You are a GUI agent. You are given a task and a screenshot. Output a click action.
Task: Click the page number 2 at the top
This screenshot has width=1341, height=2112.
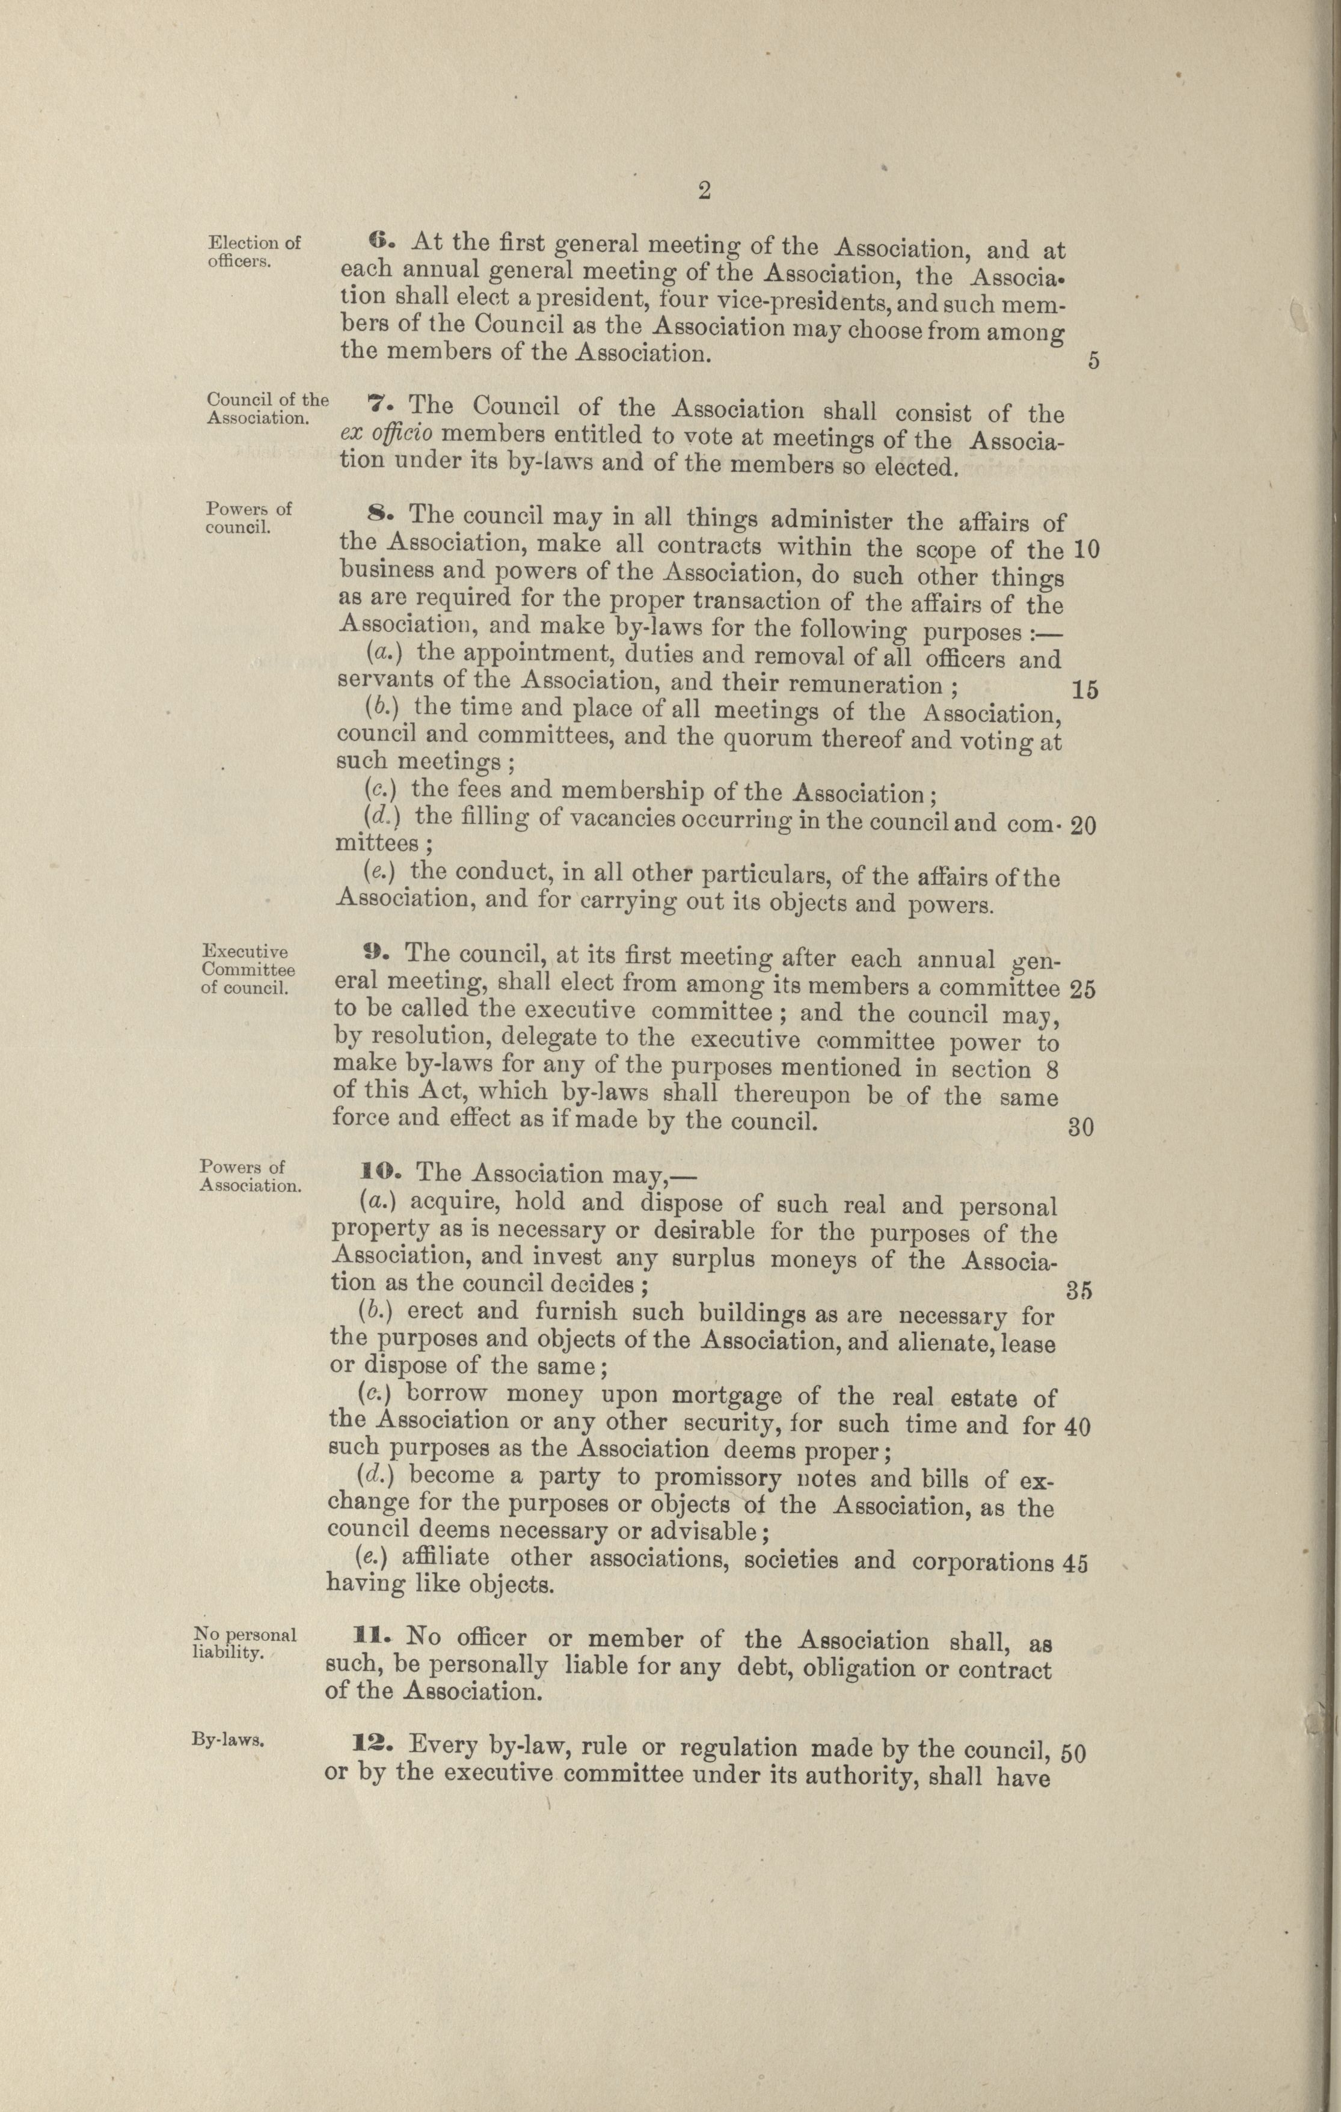[704, 192]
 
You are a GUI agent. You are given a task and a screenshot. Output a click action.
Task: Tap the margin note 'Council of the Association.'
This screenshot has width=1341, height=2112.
[268, 409]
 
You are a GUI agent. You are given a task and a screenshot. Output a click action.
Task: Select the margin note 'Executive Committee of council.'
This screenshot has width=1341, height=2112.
[247, 970]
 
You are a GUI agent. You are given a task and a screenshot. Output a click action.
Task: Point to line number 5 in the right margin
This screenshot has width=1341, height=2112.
[1093, 361]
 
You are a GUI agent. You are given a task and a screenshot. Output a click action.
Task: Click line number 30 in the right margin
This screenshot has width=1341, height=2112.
[1081, 1128]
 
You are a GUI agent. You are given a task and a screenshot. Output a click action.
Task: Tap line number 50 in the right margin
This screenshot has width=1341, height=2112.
[1073, 1752]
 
